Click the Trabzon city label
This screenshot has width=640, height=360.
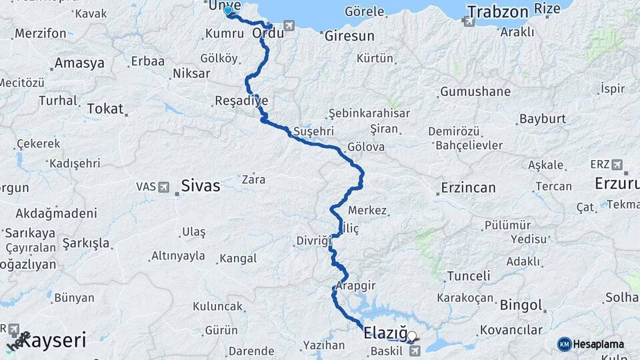(497, 11)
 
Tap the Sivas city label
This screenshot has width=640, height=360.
(201, 186)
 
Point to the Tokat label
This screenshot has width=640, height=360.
(105, 108)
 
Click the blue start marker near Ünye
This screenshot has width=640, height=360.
(228, 10)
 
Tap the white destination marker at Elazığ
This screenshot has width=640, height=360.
(412, 337)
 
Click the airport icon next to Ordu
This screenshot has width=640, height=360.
(289, 25)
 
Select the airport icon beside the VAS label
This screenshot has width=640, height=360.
(164, 187)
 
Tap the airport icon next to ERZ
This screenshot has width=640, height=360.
(616, 164)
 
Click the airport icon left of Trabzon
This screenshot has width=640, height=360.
(469, 21)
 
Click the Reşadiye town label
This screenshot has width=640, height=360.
(241, 101)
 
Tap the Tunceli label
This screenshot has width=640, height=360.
(468, 275)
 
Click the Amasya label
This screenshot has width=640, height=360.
(79, 63)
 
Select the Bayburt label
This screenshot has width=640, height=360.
(542, 119)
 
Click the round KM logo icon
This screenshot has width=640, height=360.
(564, 344)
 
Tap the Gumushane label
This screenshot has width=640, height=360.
(475, 91)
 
